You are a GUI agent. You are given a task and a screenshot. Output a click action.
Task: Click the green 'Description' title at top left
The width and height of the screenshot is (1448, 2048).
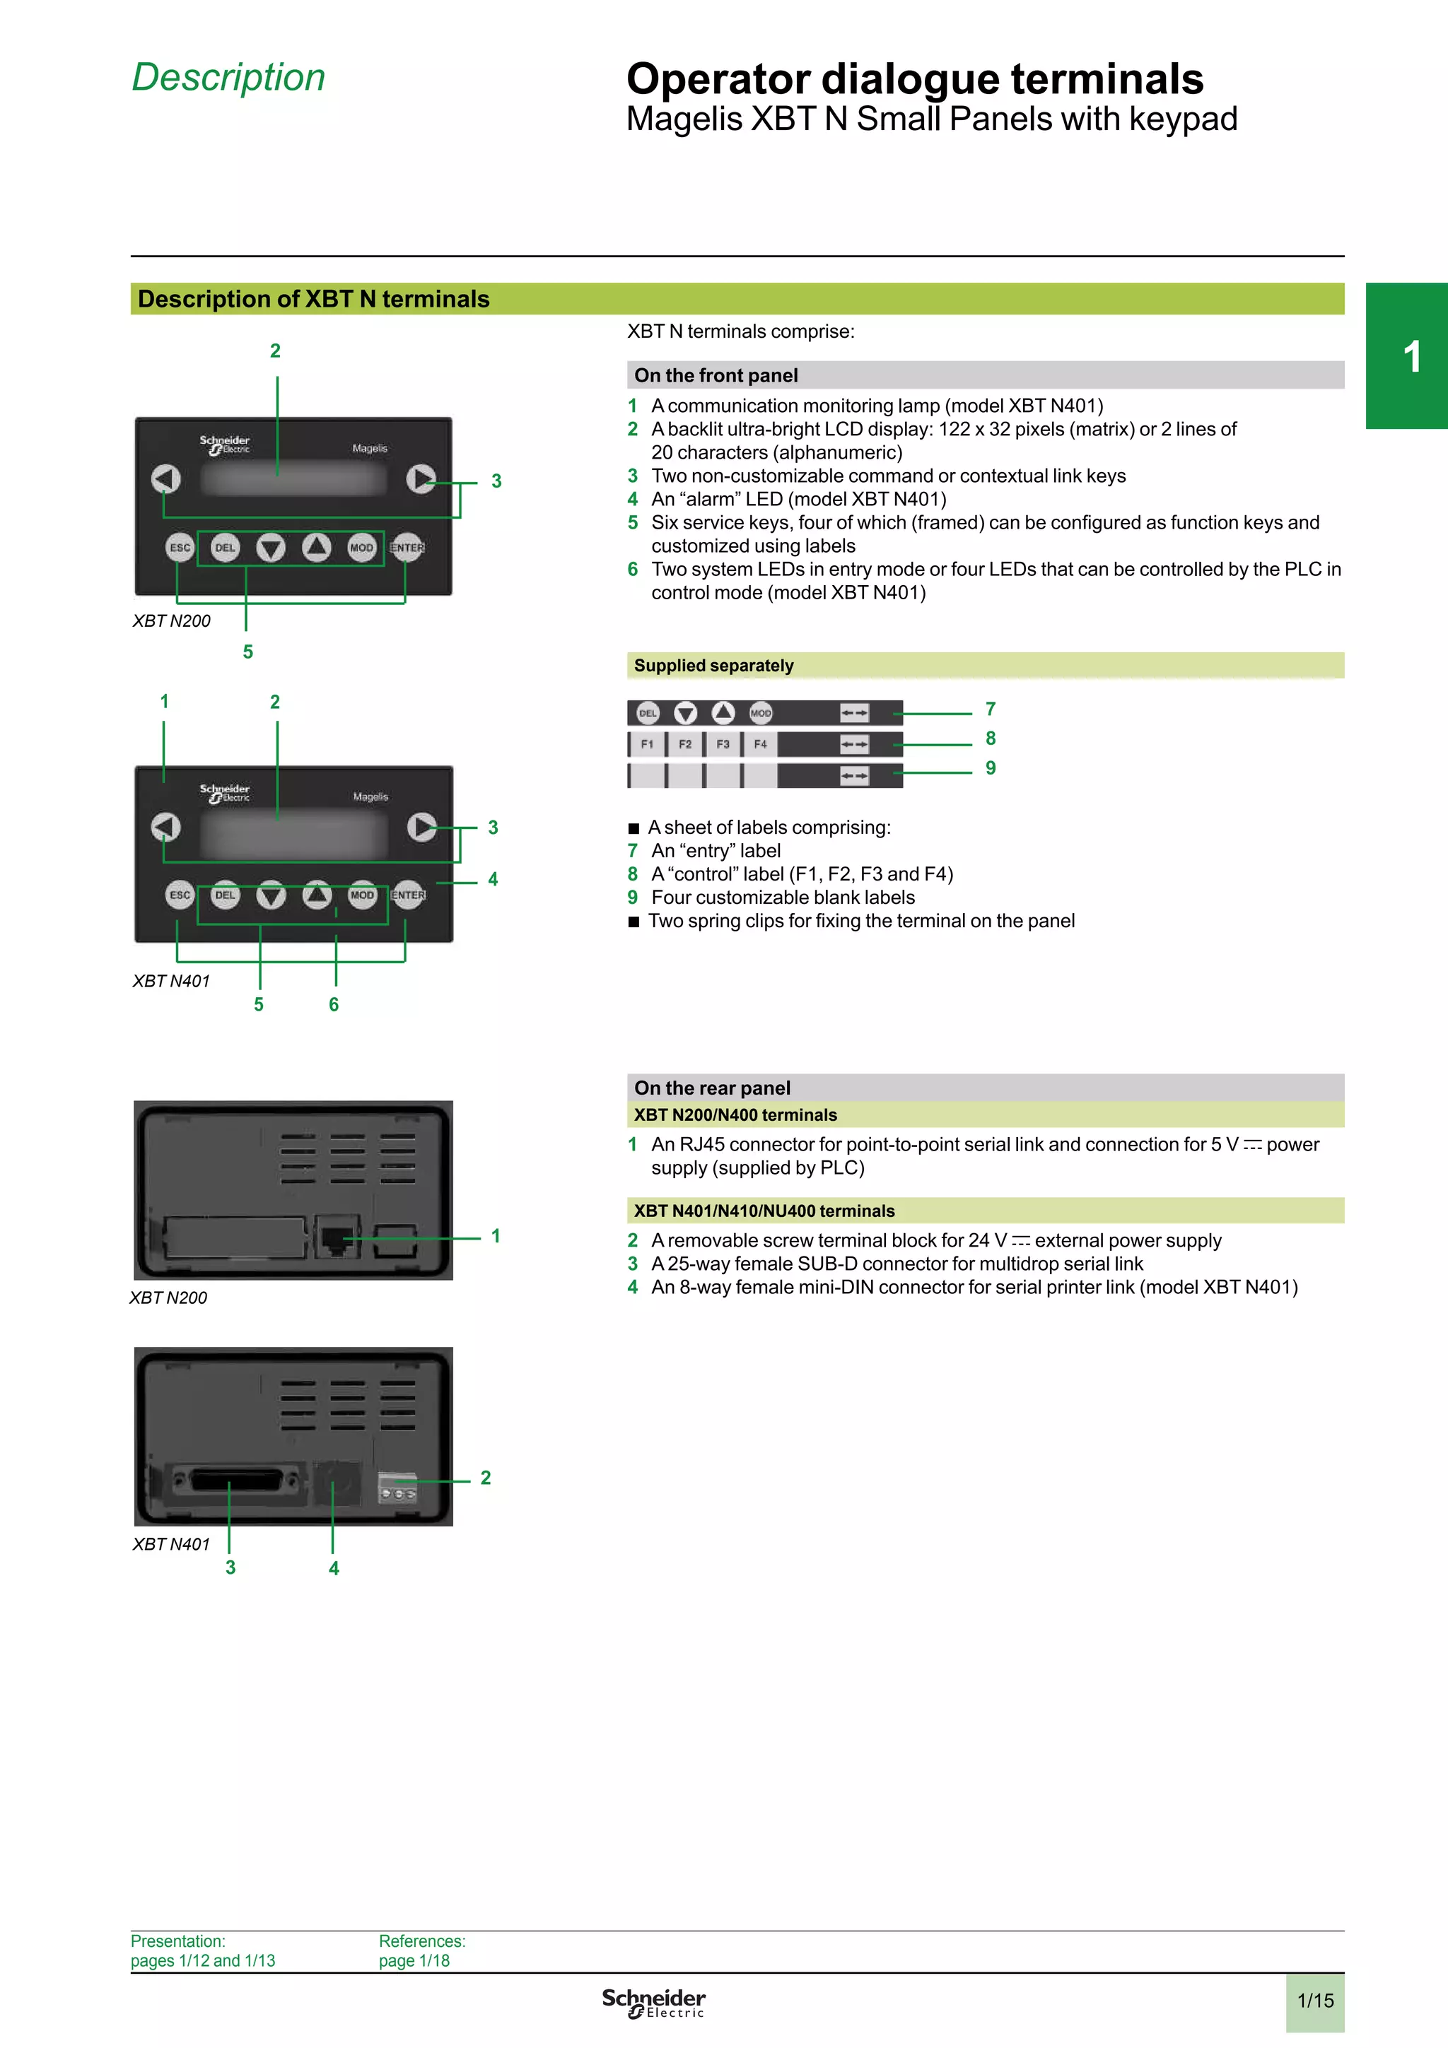point(228,78)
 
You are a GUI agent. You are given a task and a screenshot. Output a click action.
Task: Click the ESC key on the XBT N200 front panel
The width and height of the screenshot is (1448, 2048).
point(180,548)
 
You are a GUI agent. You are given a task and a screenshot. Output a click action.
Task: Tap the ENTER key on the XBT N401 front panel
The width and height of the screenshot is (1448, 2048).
point(408,895)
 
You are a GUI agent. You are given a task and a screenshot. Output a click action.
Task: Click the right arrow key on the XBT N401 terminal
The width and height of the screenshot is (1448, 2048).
point(421,826)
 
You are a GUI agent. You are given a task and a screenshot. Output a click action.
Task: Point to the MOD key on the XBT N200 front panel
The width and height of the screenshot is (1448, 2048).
point(361,548)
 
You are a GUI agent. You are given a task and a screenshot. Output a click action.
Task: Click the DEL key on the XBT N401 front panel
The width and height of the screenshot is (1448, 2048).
point(226,895)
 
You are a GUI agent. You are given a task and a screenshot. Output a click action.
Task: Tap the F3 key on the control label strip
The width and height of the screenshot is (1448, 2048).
point(723,744)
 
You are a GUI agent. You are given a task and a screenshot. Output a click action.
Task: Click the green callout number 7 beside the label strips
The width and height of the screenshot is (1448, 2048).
point(991,709)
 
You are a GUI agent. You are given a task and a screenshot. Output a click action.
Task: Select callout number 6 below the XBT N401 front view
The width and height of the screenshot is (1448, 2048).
point(334,1004)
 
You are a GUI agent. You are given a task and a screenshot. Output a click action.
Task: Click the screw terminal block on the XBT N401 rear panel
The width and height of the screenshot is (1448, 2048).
point(397,1488)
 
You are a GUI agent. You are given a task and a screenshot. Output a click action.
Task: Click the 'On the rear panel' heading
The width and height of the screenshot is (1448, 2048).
point(712,1088)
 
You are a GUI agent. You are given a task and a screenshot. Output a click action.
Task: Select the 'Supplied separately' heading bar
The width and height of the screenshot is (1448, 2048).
point(713,666)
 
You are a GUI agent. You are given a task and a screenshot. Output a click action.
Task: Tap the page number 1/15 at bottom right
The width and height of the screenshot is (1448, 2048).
point(1315,2000)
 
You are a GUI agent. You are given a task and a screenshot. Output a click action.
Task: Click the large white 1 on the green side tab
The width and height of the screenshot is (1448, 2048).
point(1411,357)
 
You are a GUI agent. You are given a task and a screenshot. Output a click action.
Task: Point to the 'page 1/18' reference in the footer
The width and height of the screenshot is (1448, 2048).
point(414,1960)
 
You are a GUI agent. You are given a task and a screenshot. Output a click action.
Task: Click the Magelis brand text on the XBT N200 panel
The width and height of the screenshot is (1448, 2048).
point(369,449)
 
